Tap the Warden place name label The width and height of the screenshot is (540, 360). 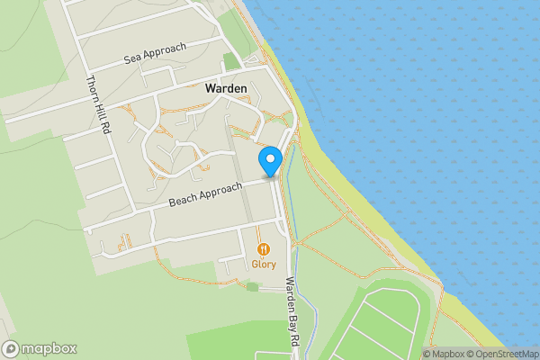(226, 88)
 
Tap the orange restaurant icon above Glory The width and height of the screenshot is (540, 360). (264, 248)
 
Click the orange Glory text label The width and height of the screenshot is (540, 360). (264, 264)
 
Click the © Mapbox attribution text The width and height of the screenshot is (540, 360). (446, 354)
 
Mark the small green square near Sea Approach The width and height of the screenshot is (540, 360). (232, 61)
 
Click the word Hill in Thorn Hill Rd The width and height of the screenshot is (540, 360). (96, 104)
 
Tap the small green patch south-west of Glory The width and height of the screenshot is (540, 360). (252, 287)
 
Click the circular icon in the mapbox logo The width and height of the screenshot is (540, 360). (12, 348)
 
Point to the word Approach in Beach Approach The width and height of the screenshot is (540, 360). (221, 190)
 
